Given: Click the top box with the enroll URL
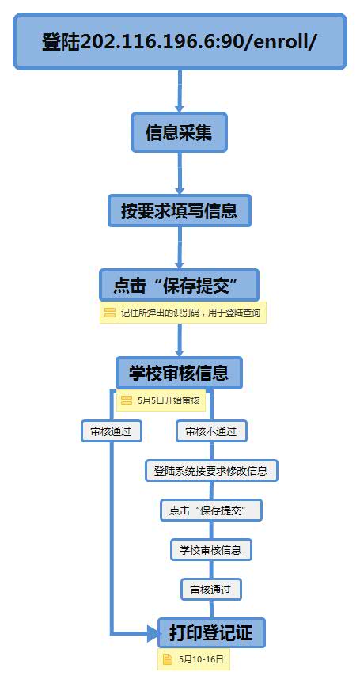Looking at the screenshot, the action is click(x=180, y=41).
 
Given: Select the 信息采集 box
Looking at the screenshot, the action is click(x=179, y=132).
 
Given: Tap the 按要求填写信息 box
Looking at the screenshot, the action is click(x=180, y=211).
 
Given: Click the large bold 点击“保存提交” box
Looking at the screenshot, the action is click(x=179, y=285).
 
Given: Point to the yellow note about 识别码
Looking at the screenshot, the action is click(x=183, y=313).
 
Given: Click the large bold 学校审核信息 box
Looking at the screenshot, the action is click(x=179, y=373).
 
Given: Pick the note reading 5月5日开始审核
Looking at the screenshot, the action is click(x=161, y=400).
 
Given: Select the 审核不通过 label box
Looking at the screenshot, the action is click(x=211, y=431).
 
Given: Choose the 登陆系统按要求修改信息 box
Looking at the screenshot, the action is click(x=211, y=470).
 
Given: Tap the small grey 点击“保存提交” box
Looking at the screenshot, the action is click(x=211, y=510).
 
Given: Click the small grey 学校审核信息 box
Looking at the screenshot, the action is click(x=211, y=549).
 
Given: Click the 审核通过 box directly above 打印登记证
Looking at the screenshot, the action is click(x=211, y=590).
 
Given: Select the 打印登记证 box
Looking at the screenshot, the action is click(x=211, y=632).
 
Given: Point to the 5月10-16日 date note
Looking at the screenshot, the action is click(x=193, y=659).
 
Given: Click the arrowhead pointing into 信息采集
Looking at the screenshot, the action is click(x=180, y=107).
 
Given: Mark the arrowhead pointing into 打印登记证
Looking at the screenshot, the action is click(x=153, y=633).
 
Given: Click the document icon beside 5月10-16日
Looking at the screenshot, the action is click(x=168, y=659).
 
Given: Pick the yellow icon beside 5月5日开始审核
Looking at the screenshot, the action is click(x=127, y=400).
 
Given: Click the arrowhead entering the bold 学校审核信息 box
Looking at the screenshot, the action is click(x=180, y=352).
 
